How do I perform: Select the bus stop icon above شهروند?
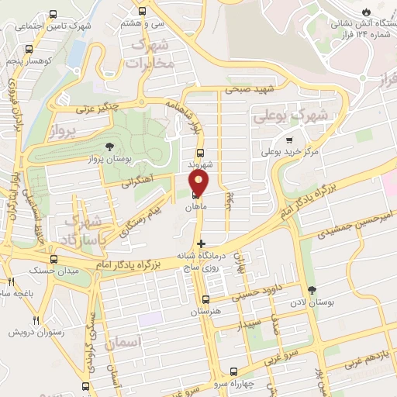click(200, 153)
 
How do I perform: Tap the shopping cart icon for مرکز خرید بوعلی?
click(289, 140)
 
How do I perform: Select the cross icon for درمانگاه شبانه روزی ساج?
click(202, 243)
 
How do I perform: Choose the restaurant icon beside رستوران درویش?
click(36, 319)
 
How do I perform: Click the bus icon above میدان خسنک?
click(54, 259)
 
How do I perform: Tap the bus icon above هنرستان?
click(205, 299)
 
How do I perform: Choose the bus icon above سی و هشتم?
click(141, 12)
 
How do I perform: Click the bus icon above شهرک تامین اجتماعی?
click(53, 14)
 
